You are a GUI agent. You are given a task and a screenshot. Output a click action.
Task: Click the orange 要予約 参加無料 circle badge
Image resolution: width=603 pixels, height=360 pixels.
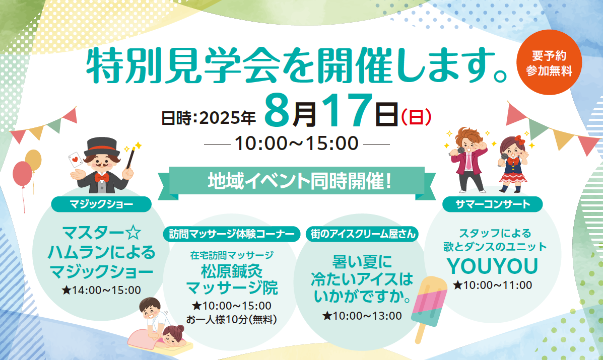549,62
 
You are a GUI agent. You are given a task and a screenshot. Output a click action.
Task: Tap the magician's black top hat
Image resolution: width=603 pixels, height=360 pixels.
102,147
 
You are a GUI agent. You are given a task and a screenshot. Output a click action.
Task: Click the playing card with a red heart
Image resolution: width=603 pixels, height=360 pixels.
76,159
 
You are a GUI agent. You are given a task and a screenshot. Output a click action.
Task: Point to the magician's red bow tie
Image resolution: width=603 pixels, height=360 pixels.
102,178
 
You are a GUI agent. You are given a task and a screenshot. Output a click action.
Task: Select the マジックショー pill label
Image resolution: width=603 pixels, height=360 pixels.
101,204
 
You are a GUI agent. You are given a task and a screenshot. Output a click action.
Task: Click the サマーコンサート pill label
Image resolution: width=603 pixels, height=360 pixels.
493,204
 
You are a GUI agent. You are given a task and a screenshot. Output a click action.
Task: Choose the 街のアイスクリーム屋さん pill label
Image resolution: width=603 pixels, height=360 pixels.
363,234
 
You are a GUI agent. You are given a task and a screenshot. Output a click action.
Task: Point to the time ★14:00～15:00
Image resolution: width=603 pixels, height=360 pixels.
101,290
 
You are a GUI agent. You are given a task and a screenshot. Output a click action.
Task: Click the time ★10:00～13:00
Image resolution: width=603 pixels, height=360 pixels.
362,316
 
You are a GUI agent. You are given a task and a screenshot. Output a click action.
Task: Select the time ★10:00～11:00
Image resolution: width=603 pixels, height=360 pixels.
493,285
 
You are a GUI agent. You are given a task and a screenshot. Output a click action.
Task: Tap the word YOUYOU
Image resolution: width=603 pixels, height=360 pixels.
492,266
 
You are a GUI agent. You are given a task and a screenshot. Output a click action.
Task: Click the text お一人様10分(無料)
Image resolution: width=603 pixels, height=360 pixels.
232,320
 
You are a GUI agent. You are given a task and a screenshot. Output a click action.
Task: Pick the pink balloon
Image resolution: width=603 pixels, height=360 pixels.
22,174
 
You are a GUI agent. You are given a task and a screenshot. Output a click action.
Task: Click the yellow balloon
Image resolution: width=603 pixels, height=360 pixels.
33,160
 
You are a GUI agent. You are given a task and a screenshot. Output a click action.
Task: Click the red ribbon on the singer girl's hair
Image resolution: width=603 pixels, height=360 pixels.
519,140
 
